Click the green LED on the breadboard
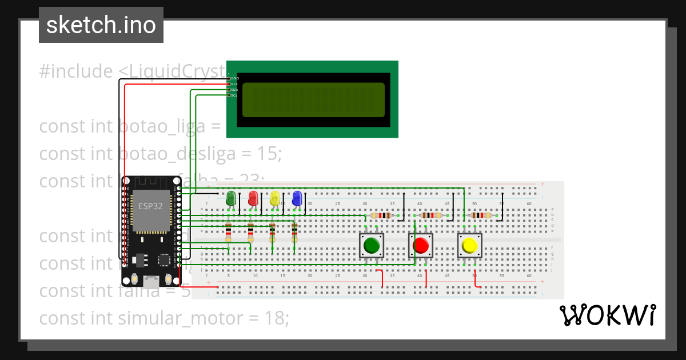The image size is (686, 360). (231, 198)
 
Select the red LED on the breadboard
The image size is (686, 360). (253, 198)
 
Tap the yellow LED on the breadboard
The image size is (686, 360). (274, 198)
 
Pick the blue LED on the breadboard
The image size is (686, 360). (297, 198)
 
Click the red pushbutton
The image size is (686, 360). (421, 246)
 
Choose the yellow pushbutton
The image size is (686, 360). (469, 246)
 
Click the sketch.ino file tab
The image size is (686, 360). (101, 25)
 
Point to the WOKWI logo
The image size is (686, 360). (608, 315)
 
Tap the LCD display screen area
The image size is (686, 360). (313, 100)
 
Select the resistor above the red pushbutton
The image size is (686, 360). (431, 215)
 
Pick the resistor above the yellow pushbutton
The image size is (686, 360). (481, 215)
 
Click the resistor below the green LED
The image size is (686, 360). (228, 233)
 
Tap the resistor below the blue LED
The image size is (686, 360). (294, 233)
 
